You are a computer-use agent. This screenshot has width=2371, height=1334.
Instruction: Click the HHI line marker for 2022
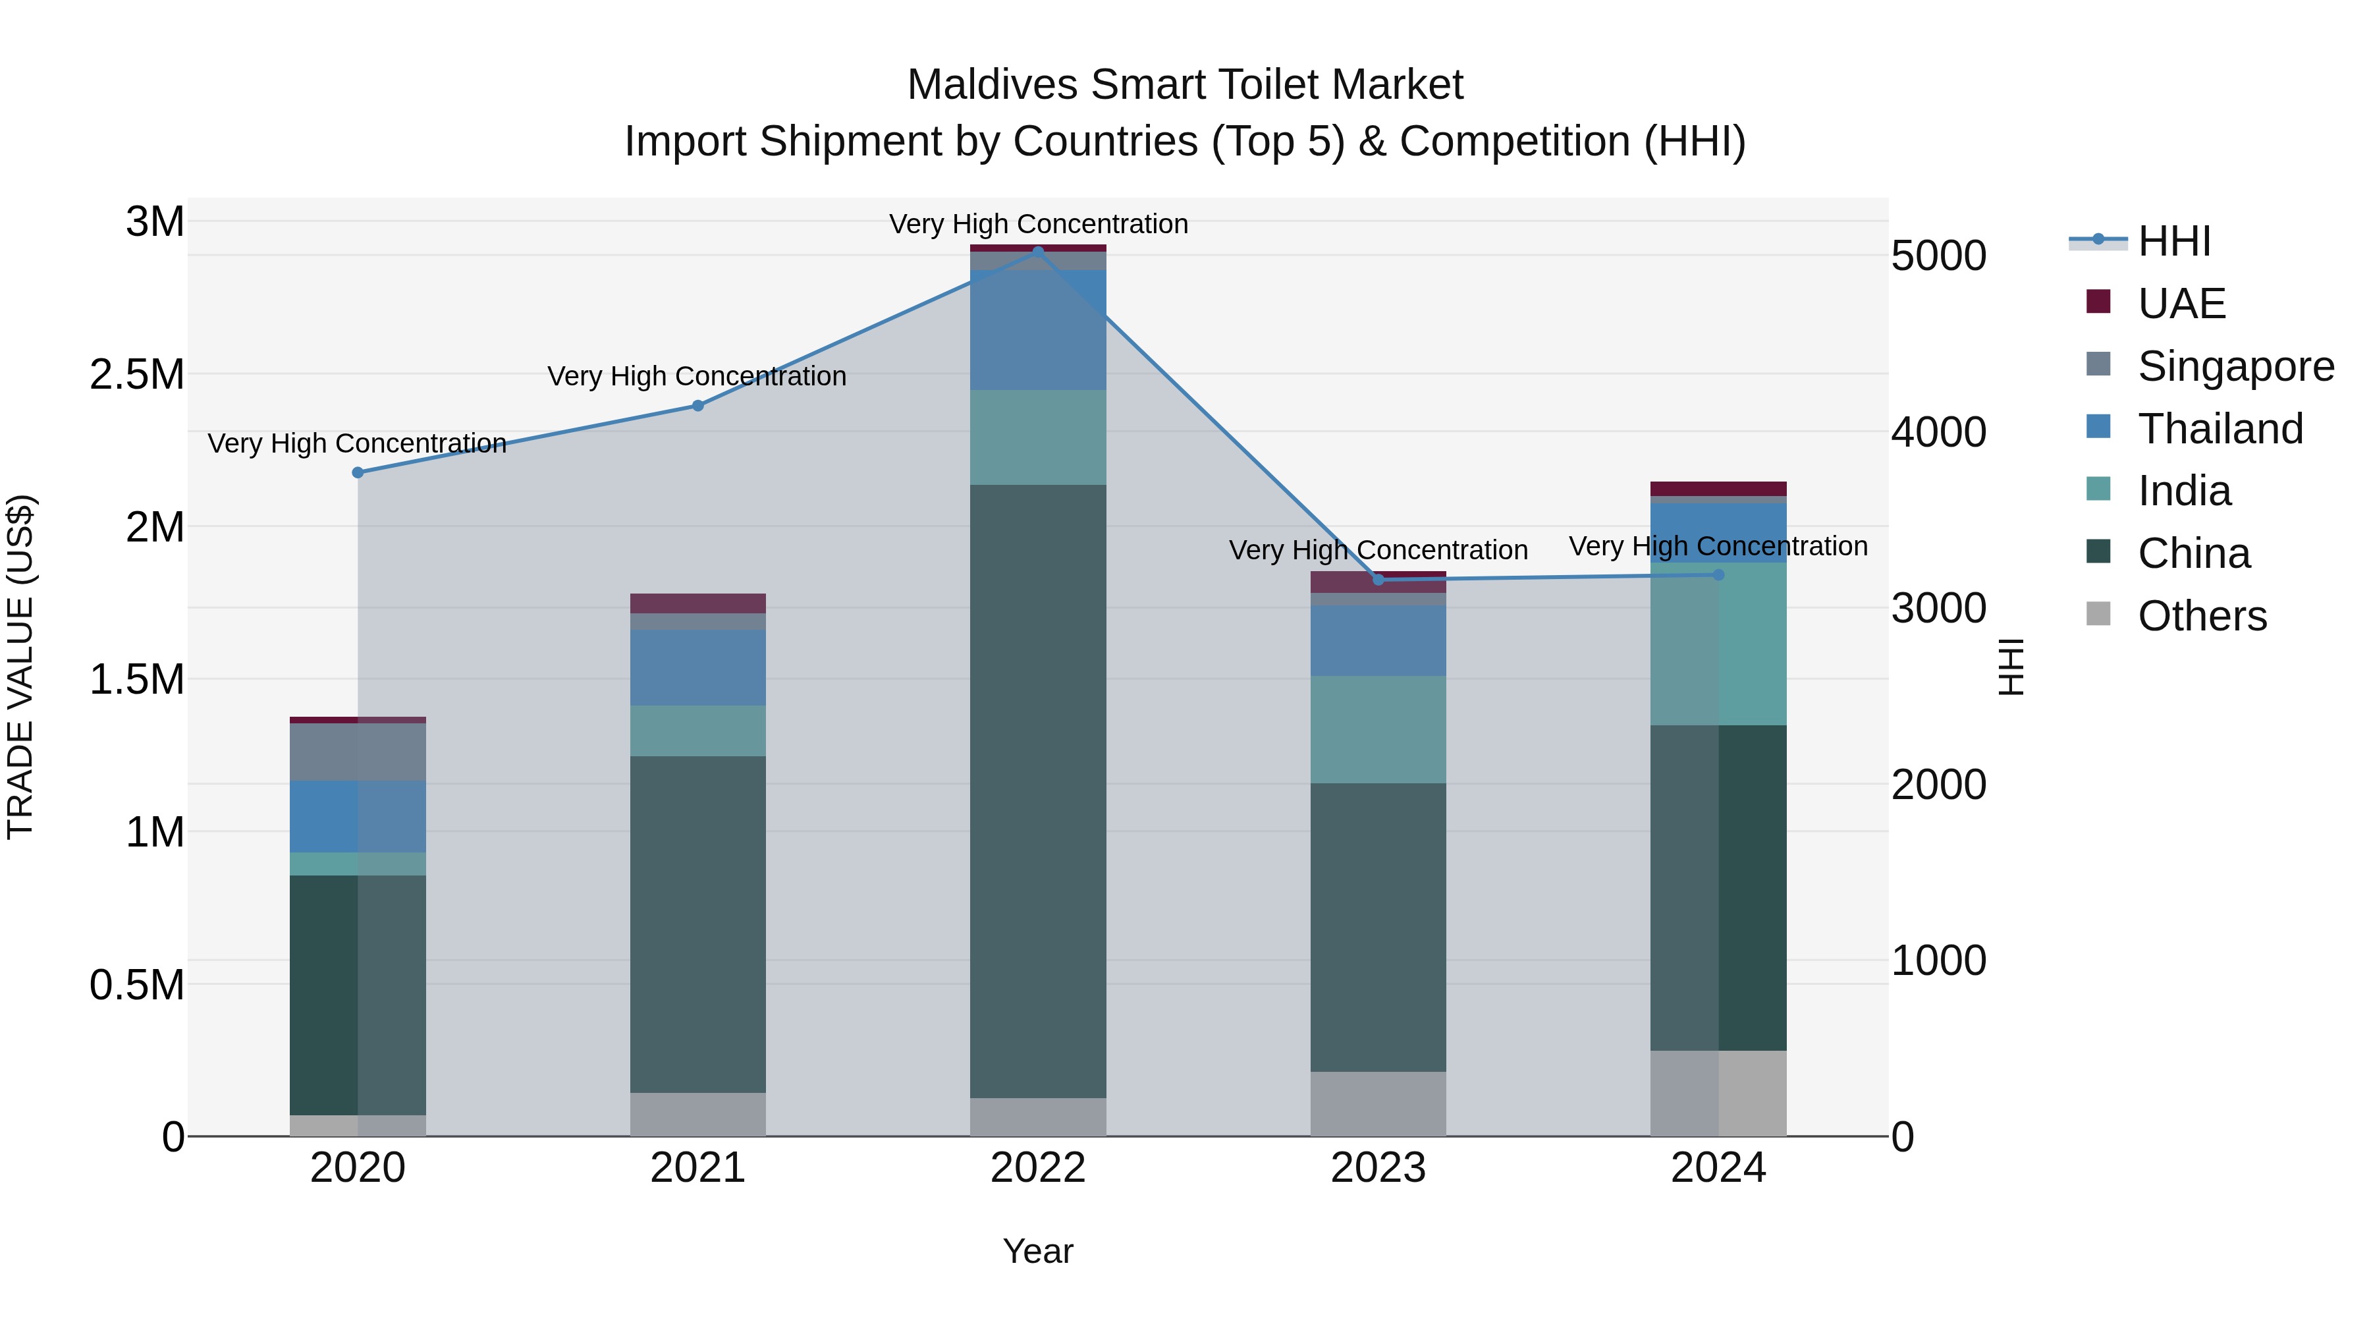1038,252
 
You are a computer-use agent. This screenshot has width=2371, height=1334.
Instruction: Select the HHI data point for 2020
358,472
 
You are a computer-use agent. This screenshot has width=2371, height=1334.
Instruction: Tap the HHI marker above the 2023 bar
1378,580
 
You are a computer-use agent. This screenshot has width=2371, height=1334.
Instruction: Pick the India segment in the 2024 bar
1718,644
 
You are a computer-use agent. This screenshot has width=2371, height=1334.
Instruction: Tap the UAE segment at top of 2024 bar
1718,489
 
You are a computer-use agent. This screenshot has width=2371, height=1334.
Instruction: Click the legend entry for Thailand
2219,429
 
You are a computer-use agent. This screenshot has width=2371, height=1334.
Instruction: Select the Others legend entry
2200,616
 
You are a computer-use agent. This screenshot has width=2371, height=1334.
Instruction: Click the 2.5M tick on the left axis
137,375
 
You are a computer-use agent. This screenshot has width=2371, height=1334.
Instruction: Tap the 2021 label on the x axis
697,1168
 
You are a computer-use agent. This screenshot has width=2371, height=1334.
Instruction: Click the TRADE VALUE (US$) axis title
20,667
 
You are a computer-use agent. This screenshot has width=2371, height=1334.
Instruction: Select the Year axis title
1037,1251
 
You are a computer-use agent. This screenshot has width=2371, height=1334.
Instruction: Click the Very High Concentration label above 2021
697,377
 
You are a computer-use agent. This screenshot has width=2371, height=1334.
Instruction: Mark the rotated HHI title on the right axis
2011,667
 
